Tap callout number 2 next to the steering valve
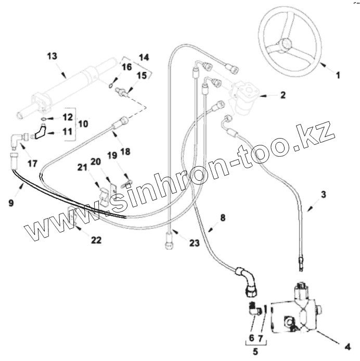[282, 95]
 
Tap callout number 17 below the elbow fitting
[32, 164]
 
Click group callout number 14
[143, 56]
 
